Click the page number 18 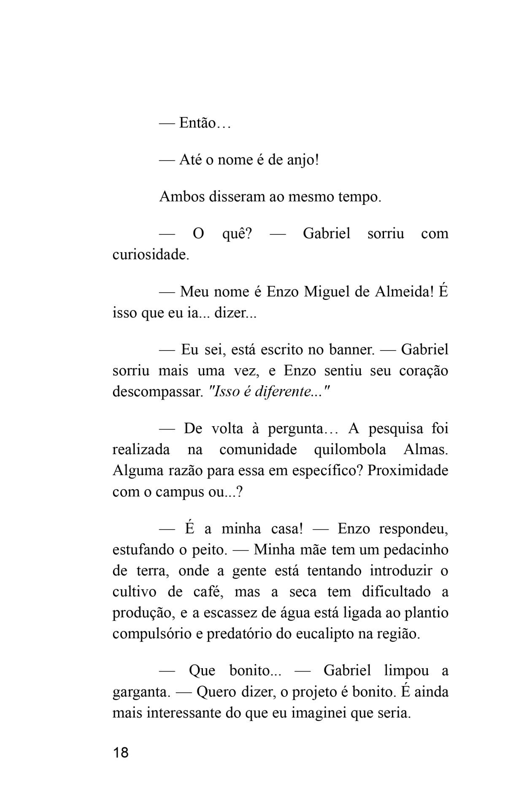coord(121,753)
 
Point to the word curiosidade coord(150,255)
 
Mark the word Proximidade coord(408,471)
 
